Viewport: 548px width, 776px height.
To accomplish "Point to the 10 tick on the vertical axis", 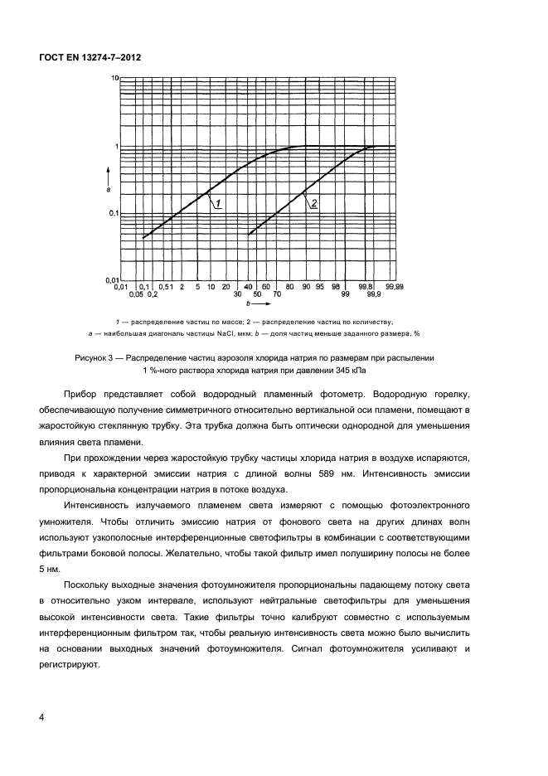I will [115, 78].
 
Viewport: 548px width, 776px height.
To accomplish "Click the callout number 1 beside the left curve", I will [217, 203].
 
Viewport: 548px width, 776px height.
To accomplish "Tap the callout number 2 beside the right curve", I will [315, 203].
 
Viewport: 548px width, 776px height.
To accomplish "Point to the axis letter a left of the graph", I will [108, 190].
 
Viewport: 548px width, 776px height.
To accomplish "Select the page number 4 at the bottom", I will [42, 717].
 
